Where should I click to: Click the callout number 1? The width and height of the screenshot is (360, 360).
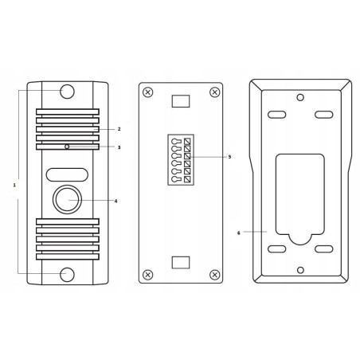pos(14,185)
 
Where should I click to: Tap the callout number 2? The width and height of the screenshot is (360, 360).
pos(119,129)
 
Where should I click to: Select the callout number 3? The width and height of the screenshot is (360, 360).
pos(119,147)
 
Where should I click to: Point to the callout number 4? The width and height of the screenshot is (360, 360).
pos(115,202)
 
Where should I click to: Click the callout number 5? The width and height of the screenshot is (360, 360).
pos(229,157)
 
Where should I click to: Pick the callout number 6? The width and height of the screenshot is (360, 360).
pos(238,233)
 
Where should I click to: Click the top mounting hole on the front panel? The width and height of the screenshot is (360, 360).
pos(67,92)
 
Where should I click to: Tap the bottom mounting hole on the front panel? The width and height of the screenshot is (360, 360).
pos(67,275)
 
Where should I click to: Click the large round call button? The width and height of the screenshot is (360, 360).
pos(67,199)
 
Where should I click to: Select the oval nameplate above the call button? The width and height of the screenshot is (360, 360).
pos(67,174)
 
